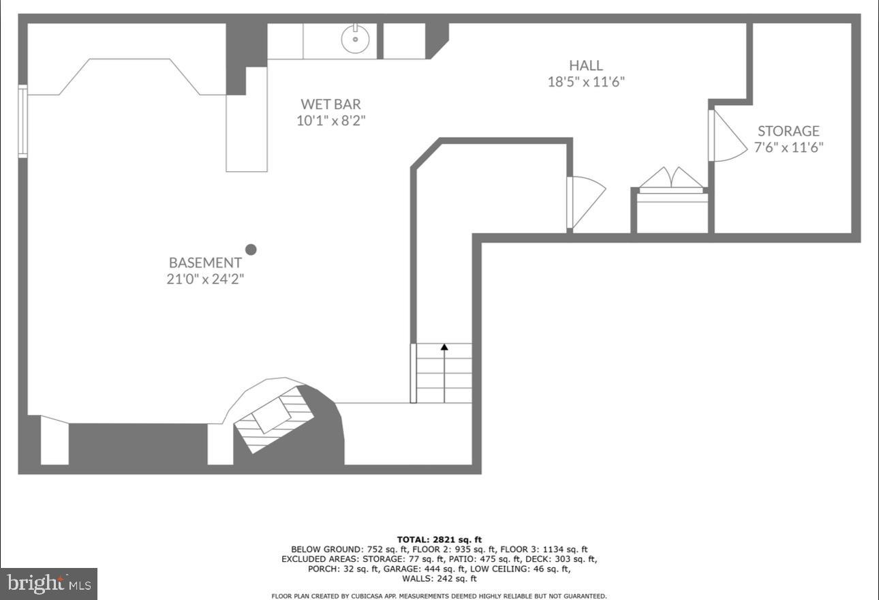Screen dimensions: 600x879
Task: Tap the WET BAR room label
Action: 331,104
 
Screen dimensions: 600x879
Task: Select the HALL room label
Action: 586,65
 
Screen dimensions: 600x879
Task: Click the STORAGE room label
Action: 788,131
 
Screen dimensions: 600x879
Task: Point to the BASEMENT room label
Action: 205,262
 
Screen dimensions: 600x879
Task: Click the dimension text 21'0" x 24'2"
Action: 205,279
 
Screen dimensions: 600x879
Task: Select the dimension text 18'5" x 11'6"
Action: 586,82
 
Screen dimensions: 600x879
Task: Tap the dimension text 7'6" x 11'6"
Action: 788,147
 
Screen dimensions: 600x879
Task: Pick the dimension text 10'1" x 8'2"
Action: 331,121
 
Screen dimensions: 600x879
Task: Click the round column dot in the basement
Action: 251,250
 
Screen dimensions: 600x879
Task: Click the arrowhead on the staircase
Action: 444,347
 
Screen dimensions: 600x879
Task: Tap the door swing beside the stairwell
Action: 586,201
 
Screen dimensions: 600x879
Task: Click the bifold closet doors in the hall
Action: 672,179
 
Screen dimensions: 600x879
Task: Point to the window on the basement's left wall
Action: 22,121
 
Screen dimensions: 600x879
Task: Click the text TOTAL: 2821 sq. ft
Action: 439,540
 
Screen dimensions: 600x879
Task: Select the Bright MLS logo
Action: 48,584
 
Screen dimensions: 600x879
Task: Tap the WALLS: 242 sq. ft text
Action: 439,578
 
